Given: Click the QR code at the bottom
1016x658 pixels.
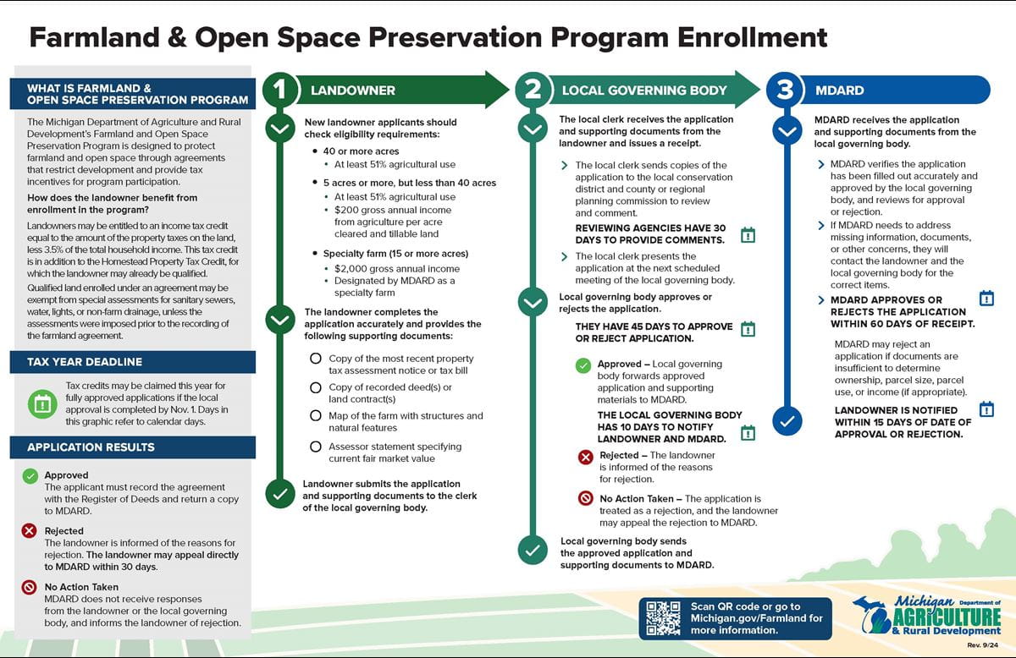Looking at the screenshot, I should click(x=664, y=617).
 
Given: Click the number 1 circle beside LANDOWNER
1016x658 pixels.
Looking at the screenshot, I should click(x=279, y=90).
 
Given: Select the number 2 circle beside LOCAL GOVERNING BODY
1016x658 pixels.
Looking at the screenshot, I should click(x=532, y=90).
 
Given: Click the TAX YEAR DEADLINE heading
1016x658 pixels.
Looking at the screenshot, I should click(x=85, y=362).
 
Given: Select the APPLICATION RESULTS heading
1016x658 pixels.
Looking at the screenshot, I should click(x=91, y=447).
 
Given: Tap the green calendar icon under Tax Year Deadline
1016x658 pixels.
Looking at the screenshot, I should click(x=40, y=403).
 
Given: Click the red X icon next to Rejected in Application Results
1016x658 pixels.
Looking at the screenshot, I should click(x=30, y=531).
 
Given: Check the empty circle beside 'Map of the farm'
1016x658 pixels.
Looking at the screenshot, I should click(x=316, y=416).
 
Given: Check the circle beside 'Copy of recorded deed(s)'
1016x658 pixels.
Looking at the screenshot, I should click(x=316, y=387).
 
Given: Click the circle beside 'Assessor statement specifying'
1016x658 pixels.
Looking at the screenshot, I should click(x=316, y=447).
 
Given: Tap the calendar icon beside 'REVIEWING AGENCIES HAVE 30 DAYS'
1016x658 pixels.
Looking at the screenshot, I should click(x=748, y=234).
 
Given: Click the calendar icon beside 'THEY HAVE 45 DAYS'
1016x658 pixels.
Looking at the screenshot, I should click(x=748, y=329).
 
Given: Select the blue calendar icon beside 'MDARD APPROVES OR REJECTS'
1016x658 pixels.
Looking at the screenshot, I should click(x=986, y=298).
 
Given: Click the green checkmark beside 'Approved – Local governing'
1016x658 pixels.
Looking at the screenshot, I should click(x=583, y=365).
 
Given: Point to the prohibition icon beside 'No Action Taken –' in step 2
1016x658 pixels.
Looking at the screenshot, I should click(x=585, y=499).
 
